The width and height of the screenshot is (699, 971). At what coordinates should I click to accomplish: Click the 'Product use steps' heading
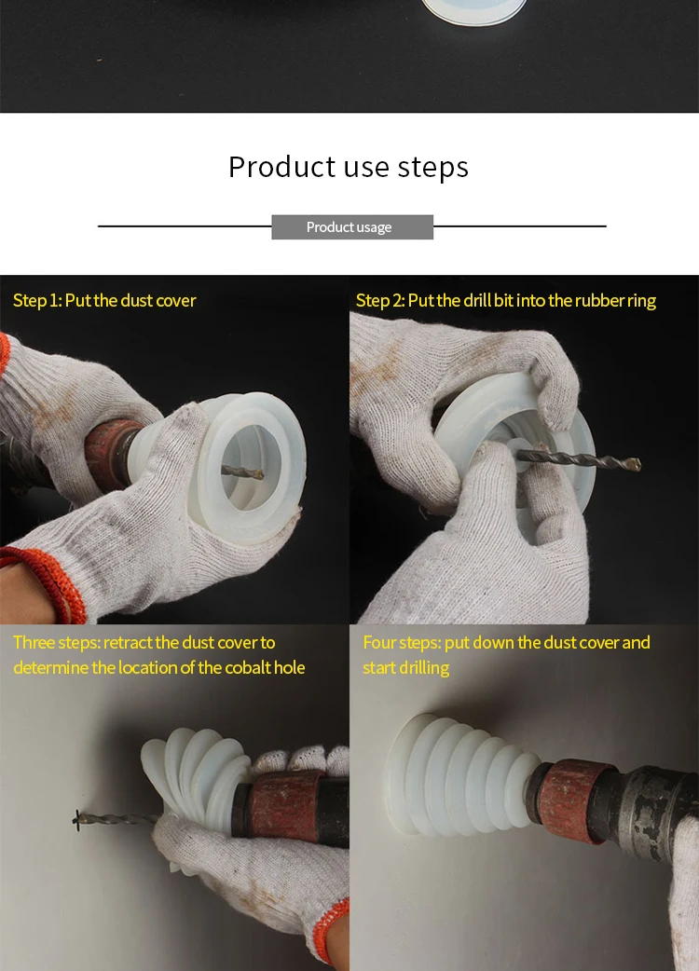pyautogui.click(x=349, y=167)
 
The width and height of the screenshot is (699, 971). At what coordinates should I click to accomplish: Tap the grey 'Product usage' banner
pyautogui.click(x=352, y=226)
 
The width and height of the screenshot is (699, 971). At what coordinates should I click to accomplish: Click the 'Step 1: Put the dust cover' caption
pyautogui.click(x=104, y=300)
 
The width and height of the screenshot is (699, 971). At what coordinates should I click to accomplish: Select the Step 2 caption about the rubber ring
pyautogui.click(x=506, y=300)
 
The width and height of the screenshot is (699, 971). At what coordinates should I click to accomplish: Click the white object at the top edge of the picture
pyautogui.click(x=473, y=12)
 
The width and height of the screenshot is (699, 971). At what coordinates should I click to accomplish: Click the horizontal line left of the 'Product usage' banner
pyautogui.click(x=185, y=226)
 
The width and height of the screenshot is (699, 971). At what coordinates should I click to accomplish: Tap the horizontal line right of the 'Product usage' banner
pyautogui.click(x=520, y=226)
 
